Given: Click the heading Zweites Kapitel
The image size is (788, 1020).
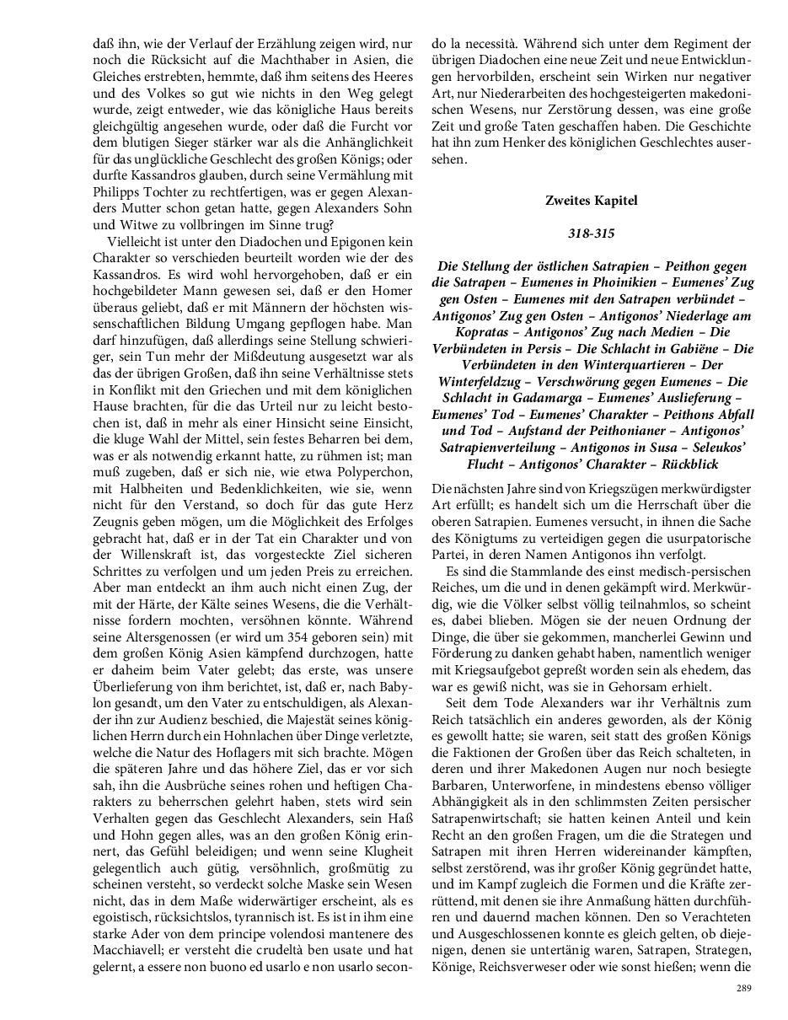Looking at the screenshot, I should coord(592,201).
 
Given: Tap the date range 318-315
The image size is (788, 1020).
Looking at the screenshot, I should coord(592,230).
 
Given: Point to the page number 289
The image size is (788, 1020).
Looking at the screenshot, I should coord(743,988).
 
